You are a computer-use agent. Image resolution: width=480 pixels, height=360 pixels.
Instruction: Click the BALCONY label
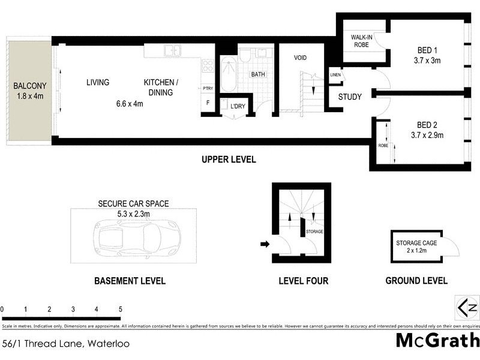tap(29, 85)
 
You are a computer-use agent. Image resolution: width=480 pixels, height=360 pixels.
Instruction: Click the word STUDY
tap(350, 97)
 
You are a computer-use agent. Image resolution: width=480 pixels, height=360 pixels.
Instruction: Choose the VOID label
tap(300, 58)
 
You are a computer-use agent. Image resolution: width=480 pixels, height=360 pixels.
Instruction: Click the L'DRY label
tap(238, 107)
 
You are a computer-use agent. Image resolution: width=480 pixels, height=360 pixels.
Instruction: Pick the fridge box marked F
tap(208, 103)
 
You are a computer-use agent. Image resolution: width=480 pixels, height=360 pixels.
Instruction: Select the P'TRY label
tap(208, 88)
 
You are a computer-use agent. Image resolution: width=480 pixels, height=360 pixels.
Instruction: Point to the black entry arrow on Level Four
tap(263, 244)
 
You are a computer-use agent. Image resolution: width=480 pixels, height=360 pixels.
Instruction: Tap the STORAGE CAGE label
tap(416, 243)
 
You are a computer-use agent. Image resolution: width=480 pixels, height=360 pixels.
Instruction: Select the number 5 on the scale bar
tap(121, 310)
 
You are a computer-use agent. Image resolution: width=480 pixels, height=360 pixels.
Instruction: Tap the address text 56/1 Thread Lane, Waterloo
tap(65, 344)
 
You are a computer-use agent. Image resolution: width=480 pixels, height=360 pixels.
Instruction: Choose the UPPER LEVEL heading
tap(229, 160)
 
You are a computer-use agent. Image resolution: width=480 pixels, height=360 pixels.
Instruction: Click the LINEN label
tap(335, 75)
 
